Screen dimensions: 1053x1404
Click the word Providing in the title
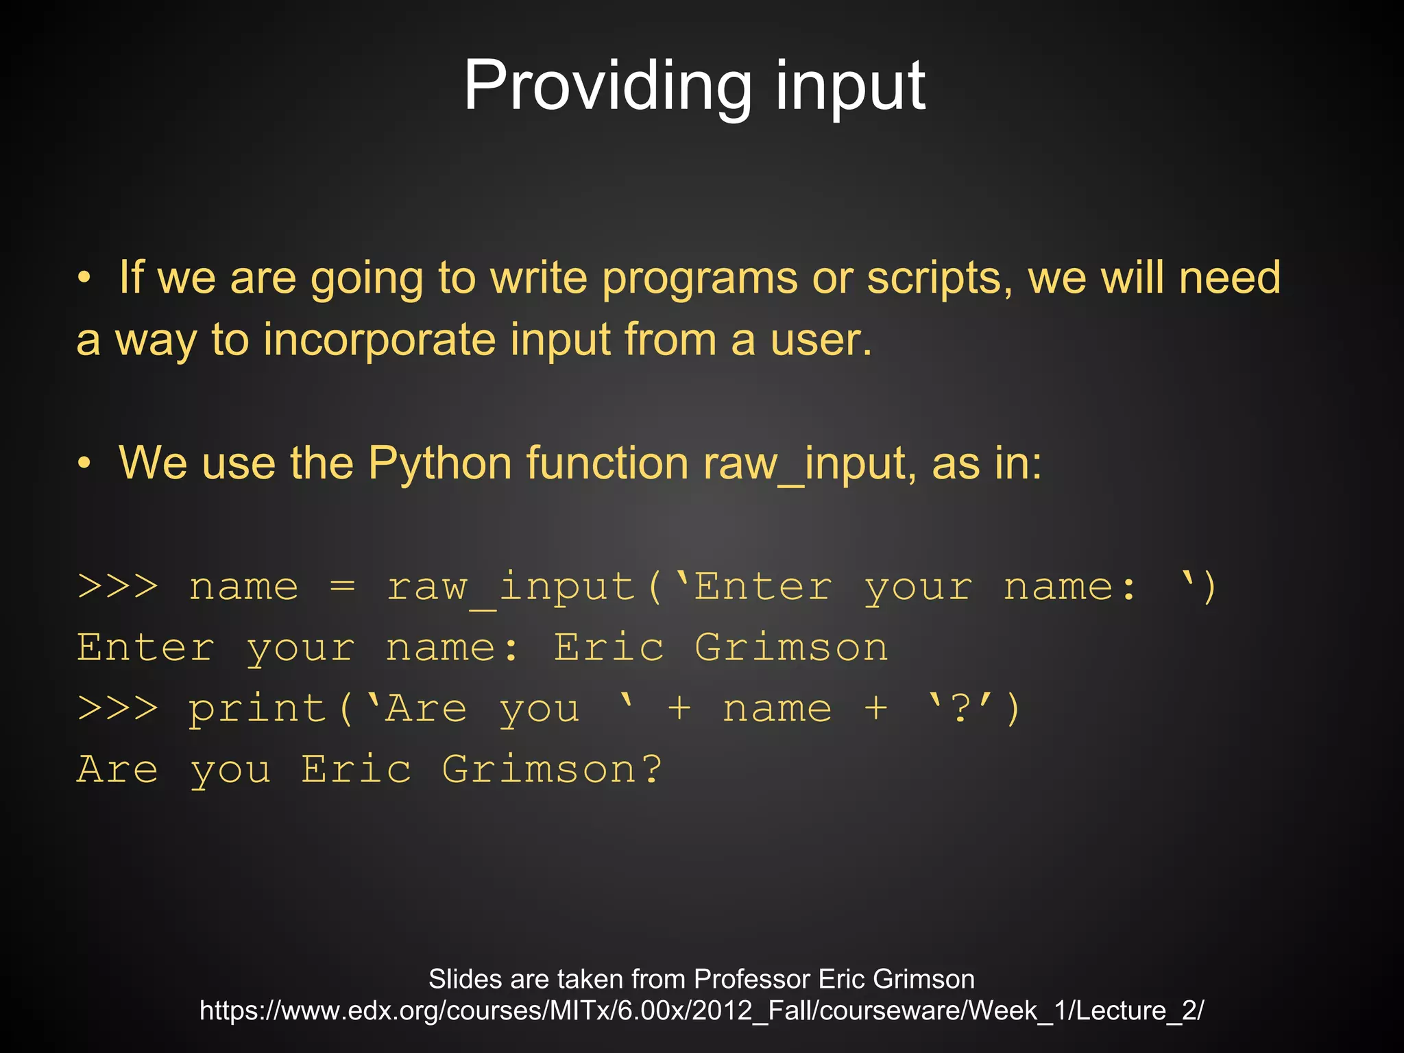(607, 86)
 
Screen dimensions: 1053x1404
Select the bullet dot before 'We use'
(84, 463)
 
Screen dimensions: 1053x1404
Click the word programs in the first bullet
(699, 280)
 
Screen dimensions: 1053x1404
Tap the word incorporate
(380, 340)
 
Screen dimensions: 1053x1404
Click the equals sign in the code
(342, 587)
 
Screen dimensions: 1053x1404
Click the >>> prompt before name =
(118, 587)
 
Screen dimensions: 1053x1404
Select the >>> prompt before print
(118, 708)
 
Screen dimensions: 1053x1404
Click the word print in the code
(258, 710)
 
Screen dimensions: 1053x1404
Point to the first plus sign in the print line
(679, 708)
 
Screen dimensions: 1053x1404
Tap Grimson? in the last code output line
(552, 769)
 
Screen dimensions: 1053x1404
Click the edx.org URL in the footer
(701, 1010)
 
